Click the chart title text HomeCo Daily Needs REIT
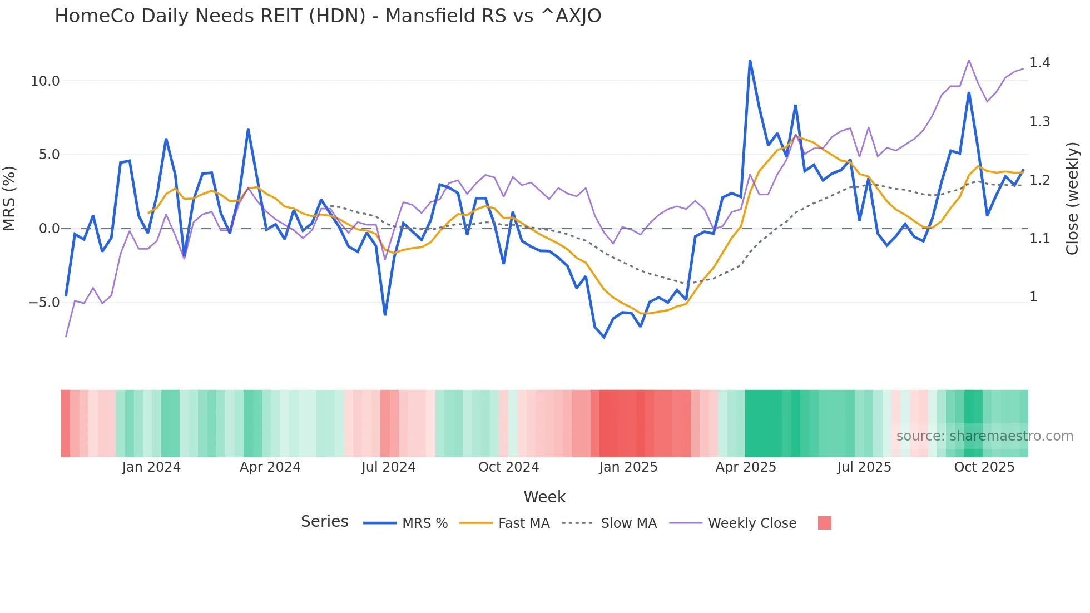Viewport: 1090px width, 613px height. click(328, 16)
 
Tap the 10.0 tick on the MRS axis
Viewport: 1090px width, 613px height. click(45, 81)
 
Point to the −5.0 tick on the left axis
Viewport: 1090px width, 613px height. click(44, 303)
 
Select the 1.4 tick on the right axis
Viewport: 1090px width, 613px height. click(1039, 63)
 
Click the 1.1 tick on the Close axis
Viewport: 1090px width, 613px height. click(1039, 239)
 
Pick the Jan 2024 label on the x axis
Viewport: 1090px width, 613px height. click(151, 467)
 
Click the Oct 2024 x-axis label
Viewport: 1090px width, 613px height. click(508, 467)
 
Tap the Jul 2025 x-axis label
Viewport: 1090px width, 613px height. click(864, 467)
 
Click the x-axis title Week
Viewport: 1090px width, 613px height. click(544, 497)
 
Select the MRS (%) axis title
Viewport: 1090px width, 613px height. click(9, 198)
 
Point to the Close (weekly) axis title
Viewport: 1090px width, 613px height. click(1072, 199)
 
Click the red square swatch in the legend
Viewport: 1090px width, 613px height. click(825, 523)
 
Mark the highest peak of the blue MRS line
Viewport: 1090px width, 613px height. click(750, 61)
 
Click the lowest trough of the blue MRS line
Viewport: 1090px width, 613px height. click(604, 337)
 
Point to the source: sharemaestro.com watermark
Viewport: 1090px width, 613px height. click(984, 436)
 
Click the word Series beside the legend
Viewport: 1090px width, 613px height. click(324, 522)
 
